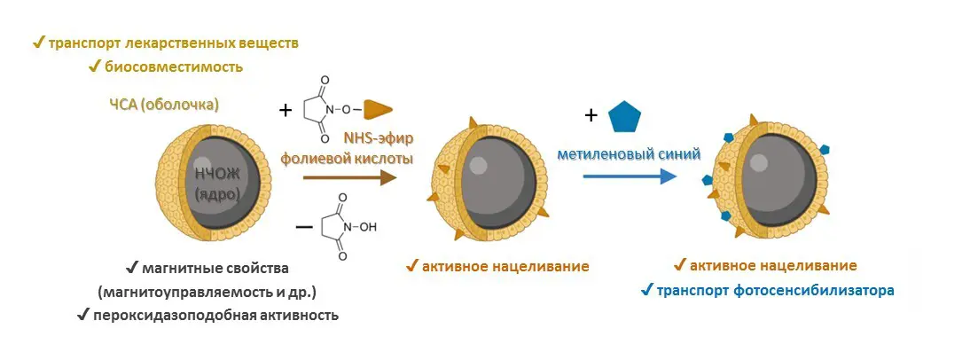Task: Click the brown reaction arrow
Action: (x=350, y=178)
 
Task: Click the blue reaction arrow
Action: (x=630, y=176)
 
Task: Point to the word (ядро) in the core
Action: (x=216, y=193)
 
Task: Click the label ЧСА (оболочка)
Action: (x=164, y=105)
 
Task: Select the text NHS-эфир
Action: (x=379, y=137)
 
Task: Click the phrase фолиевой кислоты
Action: (x=347, y=158)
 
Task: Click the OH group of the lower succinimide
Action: (x=368, y=227)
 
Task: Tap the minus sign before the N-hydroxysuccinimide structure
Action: (x=304, y=226)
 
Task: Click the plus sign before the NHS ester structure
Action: (x=285, y=111)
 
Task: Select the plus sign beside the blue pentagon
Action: (x=590, y=115)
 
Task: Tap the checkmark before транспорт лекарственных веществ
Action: (x=38, y=43)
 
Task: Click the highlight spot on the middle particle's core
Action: (x=477, y=165)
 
